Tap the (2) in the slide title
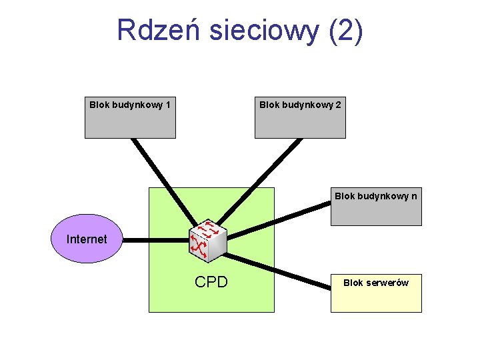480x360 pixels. (346, 30)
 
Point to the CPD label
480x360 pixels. (211, 282)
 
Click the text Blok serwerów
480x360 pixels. (376, 283)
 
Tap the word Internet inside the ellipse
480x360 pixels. (87, 239)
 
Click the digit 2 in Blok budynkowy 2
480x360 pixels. (339, 105)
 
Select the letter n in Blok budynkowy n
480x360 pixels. (414, 196)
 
